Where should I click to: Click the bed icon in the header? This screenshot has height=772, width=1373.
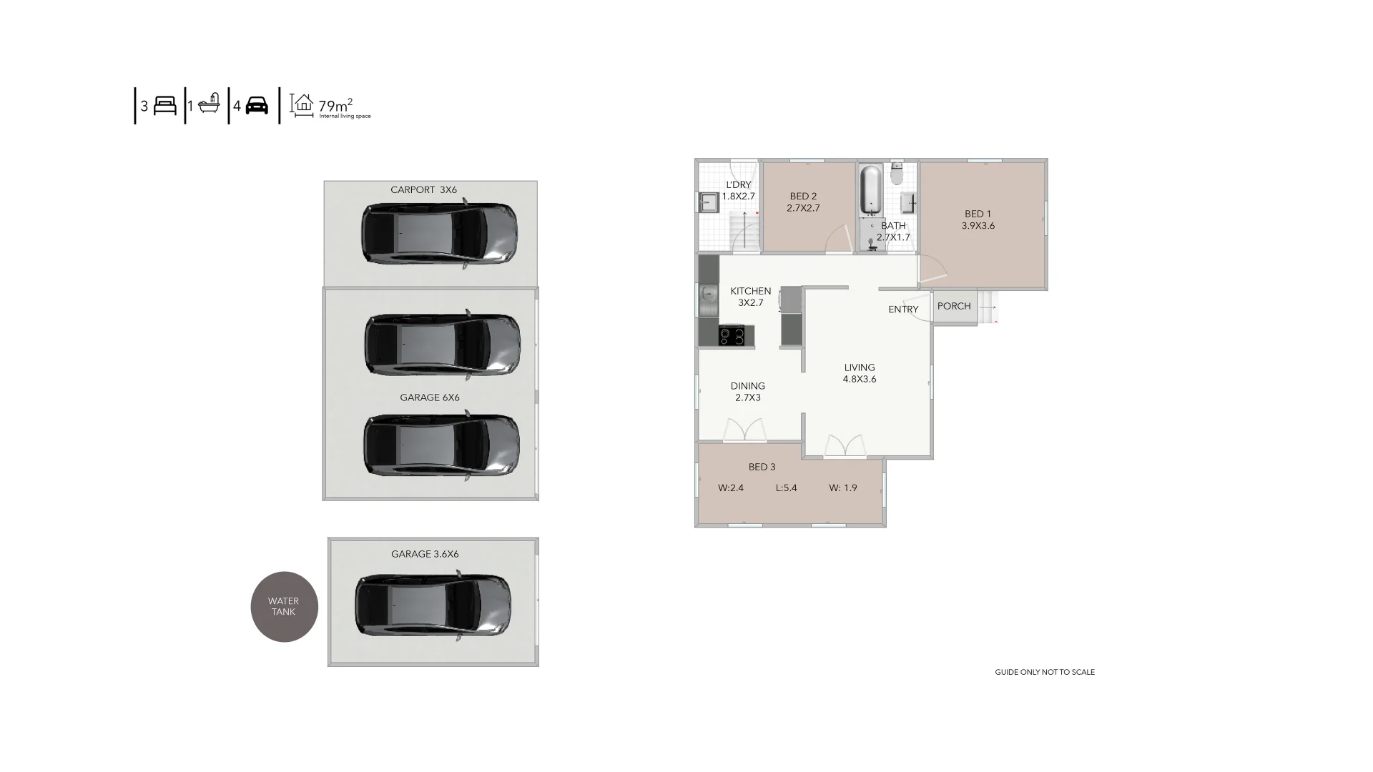165,106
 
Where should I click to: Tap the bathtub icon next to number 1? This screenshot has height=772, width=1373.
209,104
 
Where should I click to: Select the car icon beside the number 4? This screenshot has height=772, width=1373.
257,106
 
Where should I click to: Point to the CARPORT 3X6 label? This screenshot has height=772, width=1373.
423,190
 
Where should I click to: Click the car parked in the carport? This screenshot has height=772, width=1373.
439,234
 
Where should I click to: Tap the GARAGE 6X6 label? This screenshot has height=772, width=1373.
430,397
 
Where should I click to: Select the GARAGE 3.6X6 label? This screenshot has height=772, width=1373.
425,554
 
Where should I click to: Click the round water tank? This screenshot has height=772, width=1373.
284,607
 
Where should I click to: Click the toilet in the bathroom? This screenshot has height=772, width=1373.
897,174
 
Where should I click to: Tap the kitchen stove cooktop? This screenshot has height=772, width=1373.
732,335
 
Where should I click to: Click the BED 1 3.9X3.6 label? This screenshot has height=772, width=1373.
978,219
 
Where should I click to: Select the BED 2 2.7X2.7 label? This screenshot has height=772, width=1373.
803,202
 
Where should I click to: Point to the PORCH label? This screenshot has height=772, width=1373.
954,306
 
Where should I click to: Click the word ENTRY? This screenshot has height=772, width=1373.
903,310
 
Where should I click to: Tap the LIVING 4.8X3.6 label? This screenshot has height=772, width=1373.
860,373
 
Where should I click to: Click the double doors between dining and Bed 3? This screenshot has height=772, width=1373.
745,430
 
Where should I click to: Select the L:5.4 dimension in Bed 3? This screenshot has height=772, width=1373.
787,488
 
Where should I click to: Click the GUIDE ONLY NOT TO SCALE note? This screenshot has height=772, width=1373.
1045,672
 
